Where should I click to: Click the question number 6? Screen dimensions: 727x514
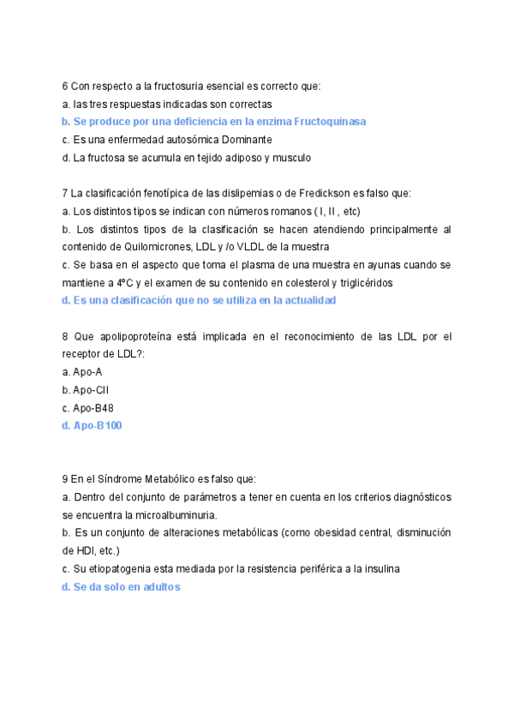(65, 86)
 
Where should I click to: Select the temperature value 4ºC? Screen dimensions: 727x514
(124, 283)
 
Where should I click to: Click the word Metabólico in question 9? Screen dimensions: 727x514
(174, 480)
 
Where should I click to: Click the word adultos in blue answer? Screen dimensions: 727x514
(158, 587)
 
